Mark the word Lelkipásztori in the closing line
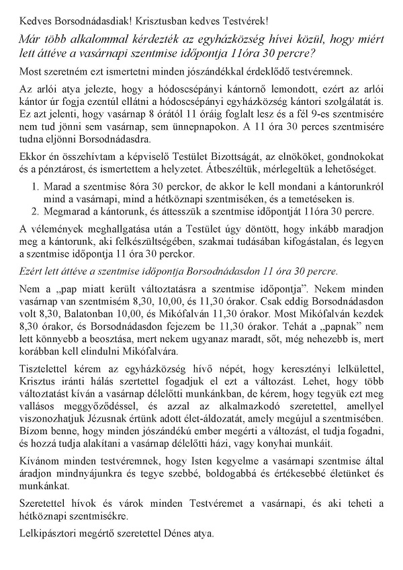(40, 534)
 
